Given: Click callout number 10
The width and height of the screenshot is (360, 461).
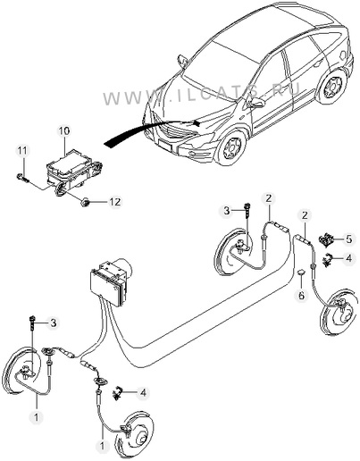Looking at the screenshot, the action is [64, 130].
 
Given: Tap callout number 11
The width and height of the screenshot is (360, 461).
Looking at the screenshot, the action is [22, 150].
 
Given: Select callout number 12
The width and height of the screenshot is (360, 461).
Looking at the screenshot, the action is [115, 202].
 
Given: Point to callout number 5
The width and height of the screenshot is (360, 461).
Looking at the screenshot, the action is [348, 239].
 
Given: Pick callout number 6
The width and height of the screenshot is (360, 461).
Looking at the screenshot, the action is [301, 296].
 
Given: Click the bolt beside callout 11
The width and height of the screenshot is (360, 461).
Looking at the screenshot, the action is [21, 178].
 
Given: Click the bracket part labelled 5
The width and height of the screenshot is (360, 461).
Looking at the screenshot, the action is [327, 239].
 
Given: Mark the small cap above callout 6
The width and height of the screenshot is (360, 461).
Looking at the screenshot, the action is [302, 272].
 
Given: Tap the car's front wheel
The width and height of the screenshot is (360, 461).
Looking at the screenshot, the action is [231, 148].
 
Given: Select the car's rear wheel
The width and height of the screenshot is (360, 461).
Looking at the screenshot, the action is [333, 85].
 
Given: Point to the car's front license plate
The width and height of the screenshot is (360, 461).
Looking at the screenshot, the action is [165, 146].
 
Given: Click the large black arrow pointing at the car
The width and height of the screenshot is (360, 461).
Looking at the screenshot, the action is [150, 131].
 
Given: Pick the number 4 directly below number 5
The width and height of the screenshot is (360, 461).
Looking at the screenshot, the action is [348, 258].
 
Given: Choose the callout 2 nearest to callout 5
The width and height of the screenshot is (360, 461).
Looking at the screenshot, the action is [305, 215].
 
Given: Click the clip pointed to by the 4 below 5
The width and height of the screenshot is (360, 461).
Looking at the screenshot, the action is [328, 259].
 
